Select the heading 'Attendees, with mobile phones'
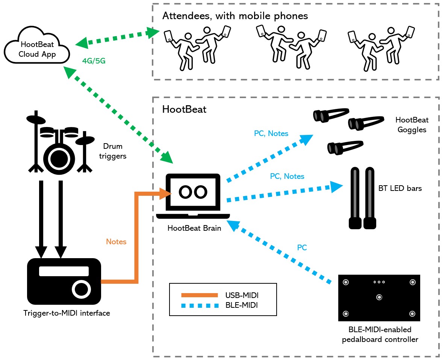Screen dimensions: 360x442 coord(235,16)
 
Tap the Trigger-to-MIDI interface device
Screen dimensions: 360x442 coord(64,281)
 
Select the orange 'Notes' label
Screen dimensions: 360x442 coord(116,242)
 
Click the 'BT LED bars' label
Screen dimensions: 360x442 coord(400,188)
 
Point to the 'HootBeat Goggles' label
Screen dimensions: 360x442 coord(412,125)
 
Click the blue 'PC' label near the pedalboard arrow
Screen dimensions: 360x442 coord(301,248)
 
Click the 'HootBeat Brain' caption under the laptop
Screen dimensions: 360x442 coord(194,228)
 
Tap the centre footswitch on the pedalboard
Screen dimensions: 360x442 coord(379,297)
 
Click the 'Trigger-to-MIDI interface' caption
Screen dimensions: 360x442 coord(67,313)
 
